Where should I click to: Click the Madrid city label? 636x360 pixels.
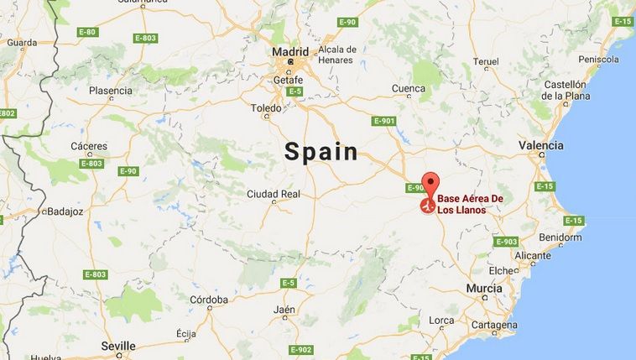(x=290, y=53)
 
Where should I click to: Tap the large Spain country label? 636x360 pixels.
(x=321, y=152)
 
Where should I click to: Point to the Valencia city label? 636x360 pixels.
(x=540, y=146)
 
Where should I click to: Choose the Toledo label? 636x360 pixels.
(x=266, y=108)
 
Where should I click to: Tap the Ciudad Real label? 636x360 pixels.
(x=274, y=194)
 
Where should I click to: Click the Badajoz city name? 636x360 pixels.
(x=65, y=211)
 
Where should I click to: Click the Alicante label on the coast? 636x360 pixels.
(x=533, y=256)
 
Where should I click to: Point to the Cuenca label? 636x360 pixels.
(x=408, y=88)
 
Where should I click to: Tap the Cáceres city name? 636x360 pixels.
(x=89, y=146)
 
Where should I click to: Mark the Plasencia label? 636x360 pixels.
(x=111, y=91)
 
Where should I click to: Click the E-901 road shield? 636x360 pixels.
(x=383, y=121)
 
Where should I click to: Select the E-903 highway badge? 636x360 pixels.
(x=506, y=242)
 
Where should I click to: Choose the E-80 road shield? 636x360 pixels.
(x=86, y=32)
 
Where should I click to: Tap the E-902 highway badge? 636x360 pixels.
(x=300, y=349)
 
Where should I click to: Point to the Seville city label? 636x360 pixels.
(x=118, y=346)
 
